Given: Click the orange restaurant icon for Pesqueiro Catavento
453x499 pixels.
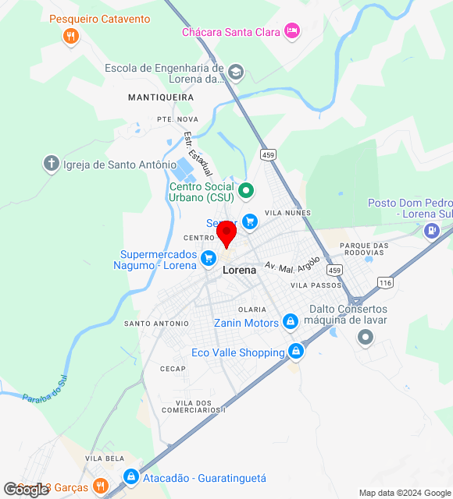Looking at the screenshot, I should (x=71, y=35).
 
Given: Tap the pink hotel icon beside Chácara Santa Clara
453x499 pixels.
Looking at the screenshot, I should (x=292, y=30).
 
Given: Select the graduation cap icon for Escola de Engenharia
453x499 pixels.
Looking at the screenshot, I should (x=236, y=74).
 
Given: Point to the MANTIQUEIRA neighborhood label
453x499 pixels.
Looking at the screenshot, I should (x=160, y=97).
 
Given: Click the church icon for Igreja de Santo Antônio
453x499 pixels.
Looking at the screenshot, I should (x=52, y=164).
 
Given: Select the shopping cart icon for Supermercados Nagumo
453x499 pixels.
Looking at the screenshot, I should (x=209, y=257).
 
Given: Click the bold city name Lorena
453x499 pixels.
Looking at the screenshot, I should (x=239, y=270).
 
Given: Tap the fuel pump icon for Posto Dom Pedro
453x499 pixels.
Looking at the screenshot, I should (x=431, y=230).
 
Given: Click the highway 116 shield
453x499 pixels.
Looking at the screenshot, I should (x=383, y=281).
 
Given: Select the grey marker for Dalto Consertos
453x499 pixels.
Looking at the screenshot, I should (x=365, y=338).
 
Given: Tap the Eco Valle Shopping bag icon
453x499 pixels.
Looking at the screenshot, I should (x=295, y=352).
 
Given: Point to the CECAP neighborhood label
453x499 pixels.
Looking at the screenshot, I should (x=173, y=368).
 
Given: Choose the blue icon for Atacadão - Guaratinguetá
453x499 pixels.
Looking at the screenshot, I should (x=130, y=477).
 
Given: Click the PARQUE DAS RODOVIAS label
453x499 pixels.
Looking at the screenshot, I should (x=364, y=250).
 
